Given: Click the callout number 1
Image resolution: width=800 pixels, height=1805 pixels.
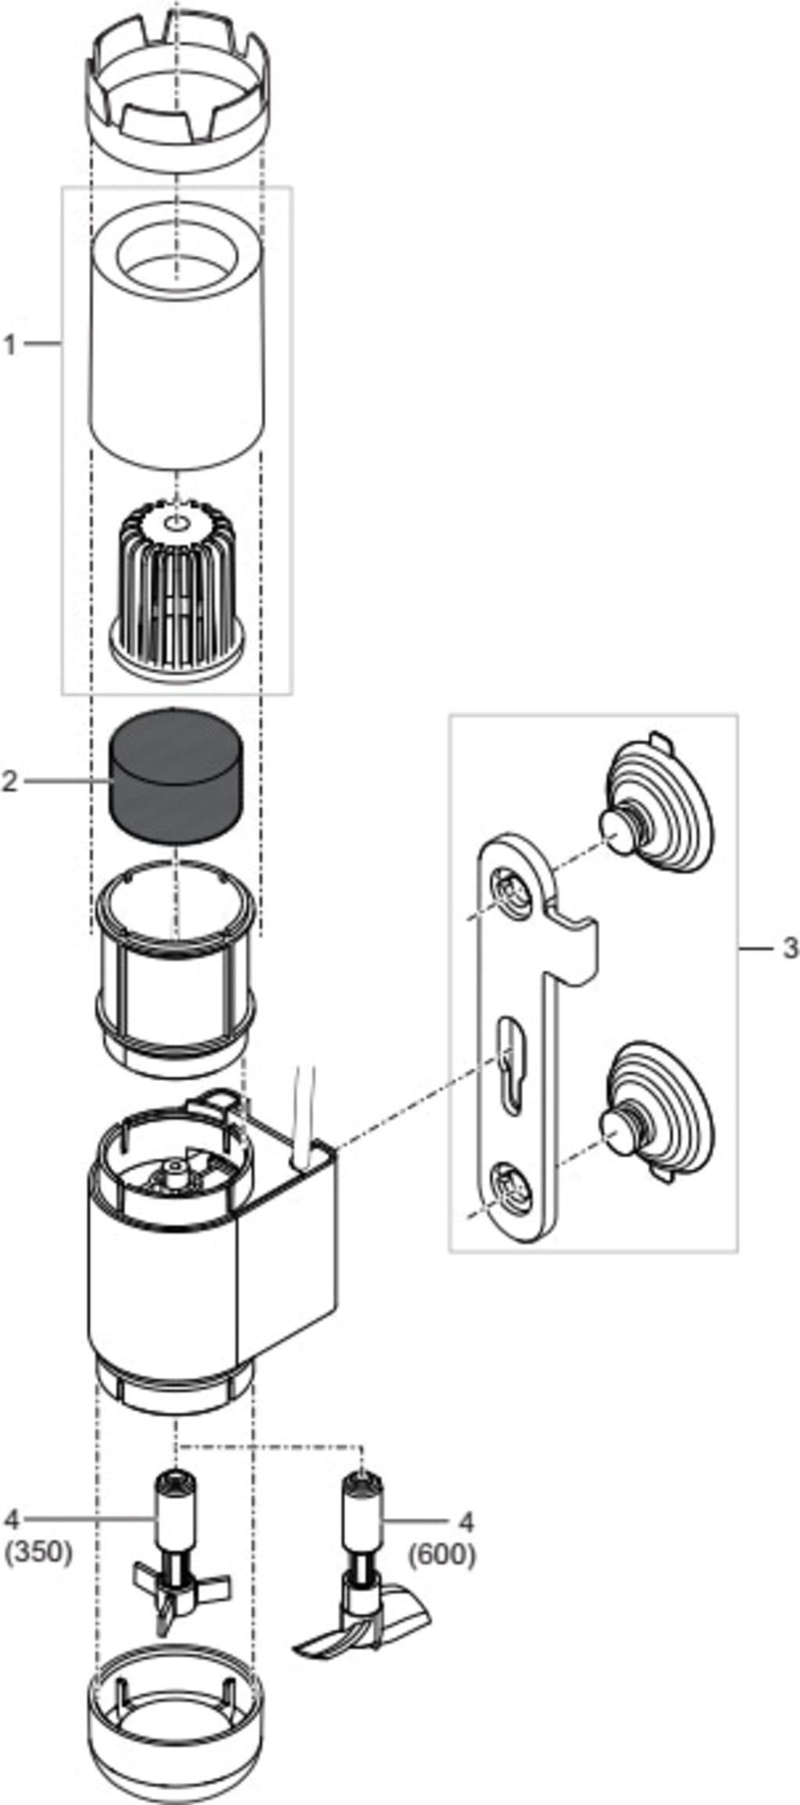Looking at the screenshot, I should coord(10,344).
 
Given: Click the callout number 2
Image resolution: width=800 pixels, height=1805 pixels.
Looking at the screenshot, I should coord(10,780).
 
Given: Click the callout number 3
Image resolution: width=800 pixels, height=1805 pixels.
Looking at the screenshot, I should coord(790,949).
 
